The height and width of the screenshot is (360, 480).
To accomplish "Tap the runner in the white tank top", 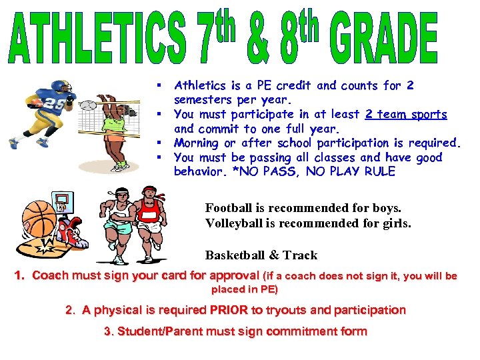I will (x=120, y=220).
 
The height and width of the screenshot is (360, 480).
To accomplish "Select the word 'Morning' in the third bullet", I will (x=196, y=143).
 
